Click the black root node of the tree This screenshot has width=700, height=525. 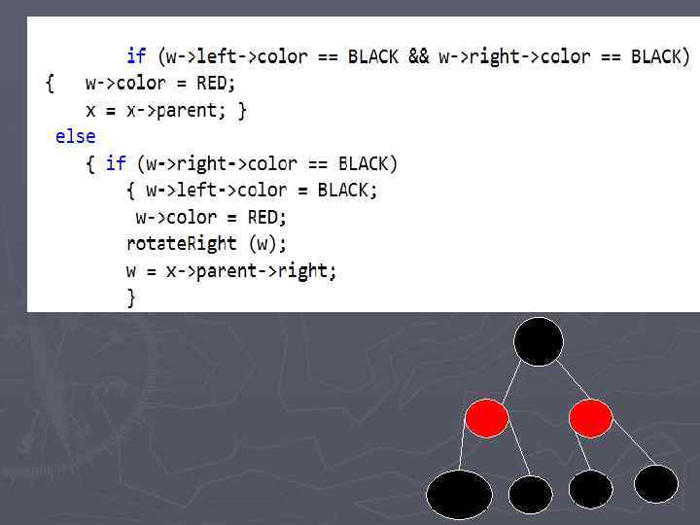(x=539, y=342)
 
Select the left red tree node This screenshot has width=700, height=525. (x=486, y=418)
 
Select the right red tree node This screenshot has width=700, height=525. (x=590, y=418)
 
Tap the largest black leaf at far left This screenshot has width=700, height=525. (x=460, y=494)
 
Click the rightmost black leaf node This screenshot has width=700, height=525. (x=656, y=483)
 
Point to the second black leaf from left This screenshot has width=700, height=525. (x=531, y=495)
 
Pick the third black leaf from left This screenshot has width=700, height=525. (x=590, y=489)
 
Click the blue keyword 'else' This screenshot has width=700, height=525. (x=75, y=136)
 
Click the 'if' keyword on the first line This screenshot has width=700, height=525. (x=136, y=56)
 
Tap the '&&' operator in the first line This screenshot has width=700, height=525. (x=418, y=56)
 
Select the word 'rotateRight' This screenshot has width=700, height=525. (x=181, y=243)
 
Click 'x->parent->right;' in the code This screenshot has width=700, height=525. (x=252, y=270)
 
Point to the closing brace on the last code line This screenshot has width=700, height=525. (x=131, y=297)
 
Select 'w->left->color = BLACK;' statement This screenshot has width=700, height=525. (x=262, y=190)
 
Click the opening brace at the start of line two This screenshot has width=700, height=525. (x=50, y=83)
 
